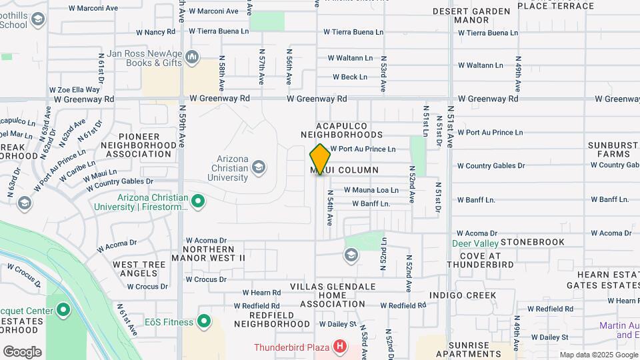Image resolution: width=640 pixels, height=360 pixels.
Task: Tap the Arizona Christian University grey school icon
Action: [259, 166]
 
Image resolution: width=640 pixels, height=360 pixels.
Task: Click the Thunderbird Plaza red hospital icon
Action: [340, 347]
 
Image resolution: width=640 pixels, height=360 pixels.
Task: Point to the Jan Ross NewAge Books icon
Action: [193, 57]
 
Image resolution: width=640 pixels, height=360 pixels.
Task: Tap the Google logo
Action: [22, 352]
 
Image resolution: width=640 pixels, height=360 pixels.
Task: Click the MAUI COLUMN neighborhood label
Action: [345, 171]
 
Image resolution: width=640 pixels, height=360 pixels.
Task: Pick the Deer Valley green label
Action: [475, 243]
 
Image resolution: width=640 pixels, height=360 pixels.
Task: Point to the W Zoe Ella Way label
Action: [74, 89]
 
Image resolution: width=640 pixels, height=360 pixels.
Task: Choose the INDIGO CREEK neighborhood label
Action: [463, 295]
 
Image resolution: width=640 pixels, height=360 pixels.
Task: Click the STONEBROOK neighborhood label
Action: [532, 242]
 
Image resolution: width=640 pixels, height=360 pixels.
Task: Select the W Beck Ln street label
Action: [350, 77]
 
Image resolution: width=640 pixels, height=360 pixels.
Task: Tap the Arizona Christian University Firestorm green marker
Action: [198, 201]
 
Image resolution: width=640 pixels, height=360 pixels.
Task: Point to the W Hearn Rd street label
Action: [261, 293]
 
